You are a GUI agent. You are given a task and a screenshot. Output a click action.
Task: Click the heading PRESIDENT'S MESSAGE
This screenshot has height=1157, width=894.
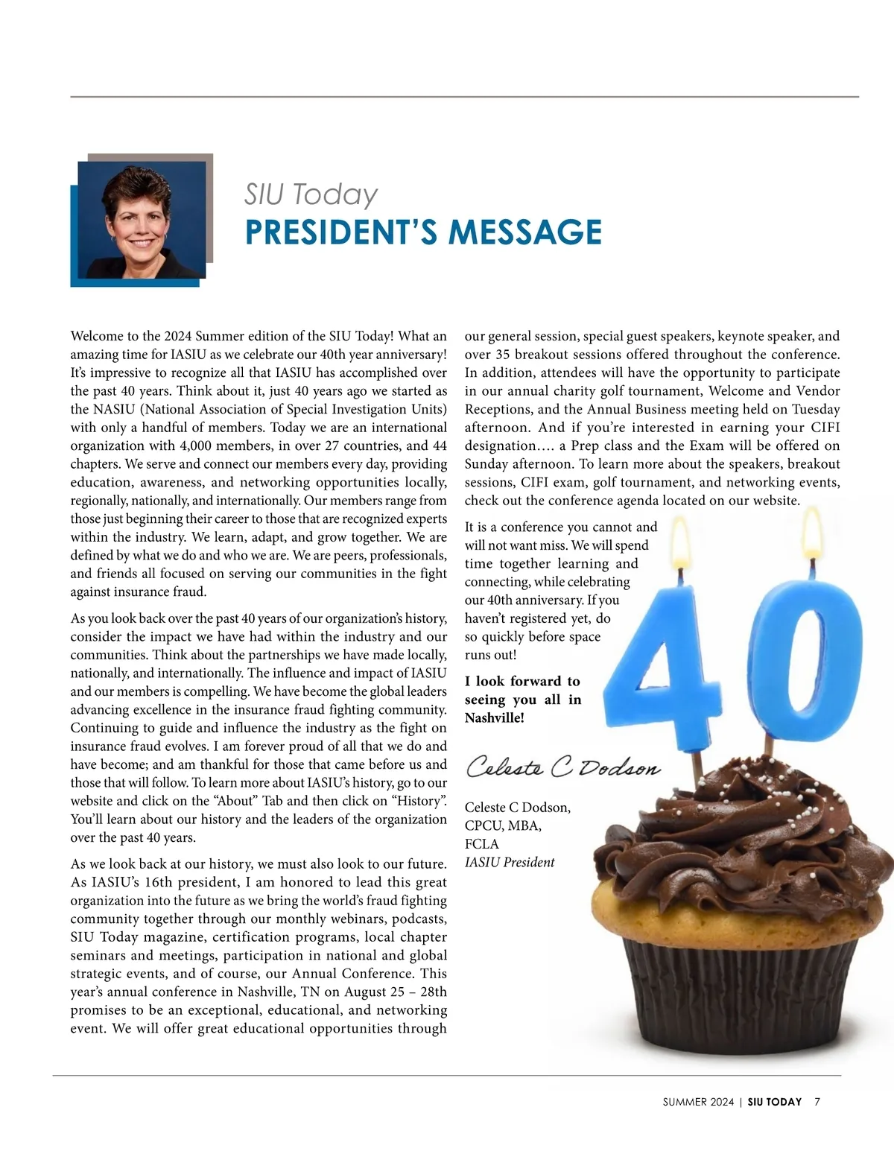click(423, 232)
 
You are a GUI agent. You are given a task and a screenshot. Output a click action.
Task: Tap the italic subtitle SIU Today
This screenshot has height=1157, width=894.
click(311, 194)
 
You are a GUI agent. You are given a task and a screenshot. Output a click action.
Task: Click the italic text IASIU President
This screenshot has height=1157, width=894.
click(510, 863)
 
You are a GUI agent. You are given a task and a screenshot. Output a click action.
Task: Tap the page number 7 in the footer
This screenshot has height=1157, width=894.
click(817, 1102)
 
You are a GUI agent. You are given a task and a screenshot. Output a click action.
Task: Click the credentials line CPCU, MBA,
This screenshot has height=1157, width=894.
click(504, 826)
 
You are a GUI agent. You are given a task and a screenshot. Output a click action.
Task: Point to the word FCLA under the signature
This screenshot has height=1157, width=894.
click(482, 844)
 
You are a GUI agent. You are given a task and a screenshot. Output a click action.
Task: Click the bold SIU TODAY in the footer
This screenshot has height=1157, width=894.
click(775, 1102)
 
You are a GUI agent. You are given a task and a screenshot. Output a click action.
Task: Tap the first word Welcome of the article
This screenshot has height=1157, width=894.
click(96, 336)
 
